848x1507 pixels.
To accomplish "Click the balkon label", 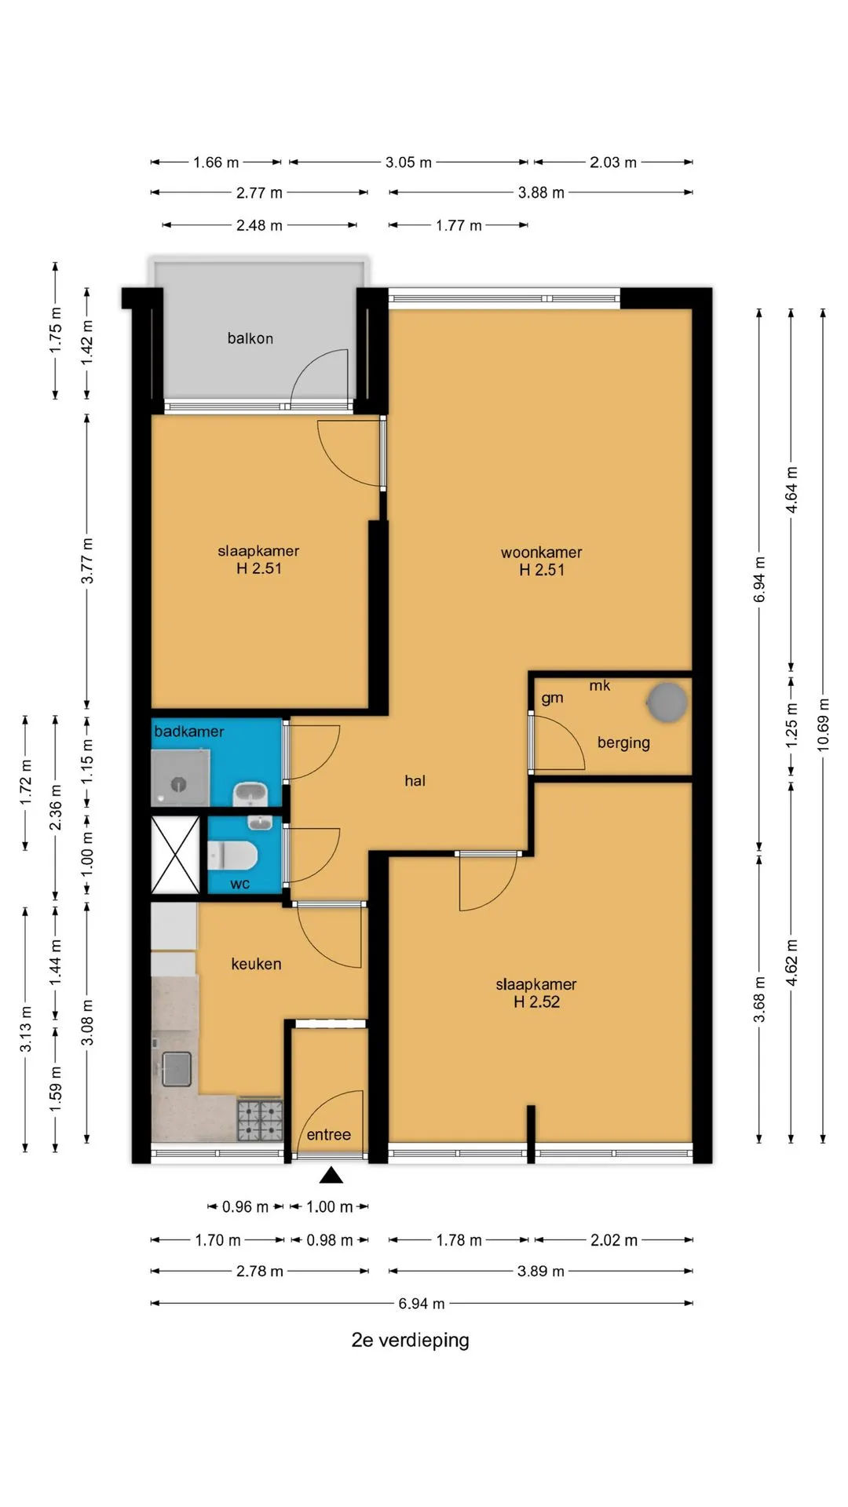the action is point(250,338).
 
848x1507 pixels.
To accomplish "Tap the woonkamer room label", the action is point(542,553).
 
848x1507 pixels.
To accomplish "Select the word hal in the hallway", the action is point(415,780).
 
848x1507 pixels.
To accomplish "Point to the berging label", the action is point(623,743).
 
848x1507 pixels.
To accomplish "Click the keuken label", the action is point(256,964).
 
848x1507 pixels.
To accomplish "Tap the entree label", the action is point(328,1134).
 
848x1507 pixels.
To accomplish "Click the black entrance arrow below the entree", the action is point(331,1174).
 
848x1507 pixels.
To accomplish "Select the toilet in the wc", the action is point(232,856).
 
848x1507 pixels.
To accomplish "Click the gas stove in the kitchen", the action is point(260,1120).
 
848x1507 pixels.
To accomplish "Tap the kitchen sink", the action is point(177,1069).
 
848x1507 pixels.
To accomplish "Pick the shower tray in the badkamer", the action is point(181,778).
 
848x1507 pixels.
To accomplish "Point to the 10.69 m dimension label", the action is point(823,724).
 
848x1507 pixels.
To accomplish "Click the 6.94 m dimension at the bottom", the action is point(422,1303).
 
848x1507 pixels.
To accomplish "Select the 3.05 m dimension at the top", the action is point(408,162).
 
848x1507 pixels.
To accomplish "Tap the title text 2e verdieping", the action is point(410,1340).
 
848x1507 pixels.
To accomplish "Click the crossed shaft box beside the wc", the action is point(175,855).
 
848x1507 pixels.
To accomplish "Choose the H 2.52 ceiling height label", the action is point(537,1002).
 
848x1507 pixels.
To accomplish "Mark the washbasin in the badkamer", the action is point(251,794).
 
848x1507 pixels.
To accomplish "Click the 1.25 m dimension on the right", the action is point(791,724).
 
